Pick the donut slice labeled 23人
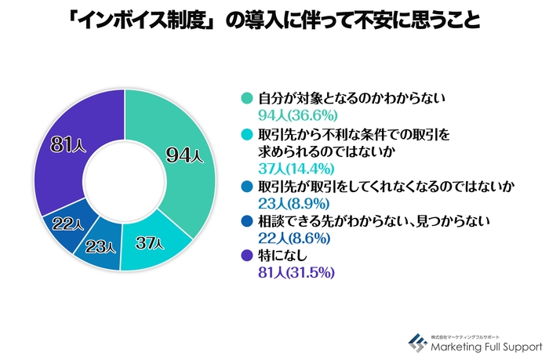tap(100, 246)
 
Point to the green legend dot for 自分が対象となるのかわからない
tap(245, 99)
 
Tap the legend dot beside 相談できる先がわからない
tap(245, 224)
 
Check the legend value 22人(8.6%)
tap(289, 240)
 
